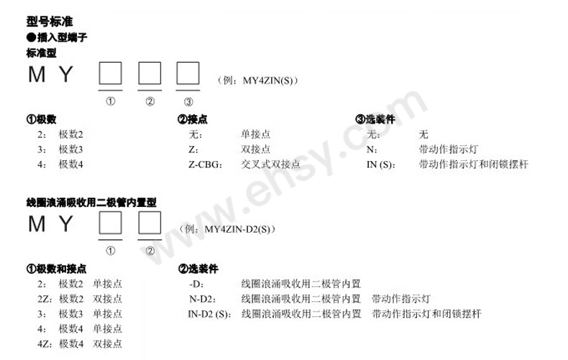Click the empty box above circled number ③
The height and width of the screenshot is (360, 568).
pyautogui.click(x=188, y=74)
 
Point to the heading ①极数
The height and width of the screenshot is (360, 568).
pyautogui.click(x=41, y=119)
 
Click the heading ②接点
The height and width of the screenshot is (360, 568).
pyautogui.click(x=192, y=119)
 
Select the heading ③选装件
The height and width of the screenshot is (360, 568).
pyautogui.click(x=375, y=119)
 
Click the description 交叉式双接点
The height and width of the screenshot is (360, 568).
pyautogui.click(x=270, y=165)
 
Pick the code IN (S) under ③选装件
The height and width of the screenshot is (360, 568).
pyautogui.click(x=381, y=165)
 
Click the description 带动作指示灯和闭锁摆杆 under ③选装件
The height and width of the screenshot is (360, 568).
pyautogui.click(x=472, y=165)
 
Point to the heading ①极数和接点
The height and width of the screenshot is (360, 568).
pyautogui.click(x=56, y=269)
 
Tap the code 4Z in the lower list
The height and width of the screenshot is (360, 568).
pyautogui.click(x=42, y=344)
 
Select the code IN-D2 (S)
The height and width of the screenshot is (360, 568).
pyautogui.click(x=209, y=314)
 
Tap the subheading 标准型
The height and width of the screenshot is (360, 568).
pyautogui.click(x=41, y=52)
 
